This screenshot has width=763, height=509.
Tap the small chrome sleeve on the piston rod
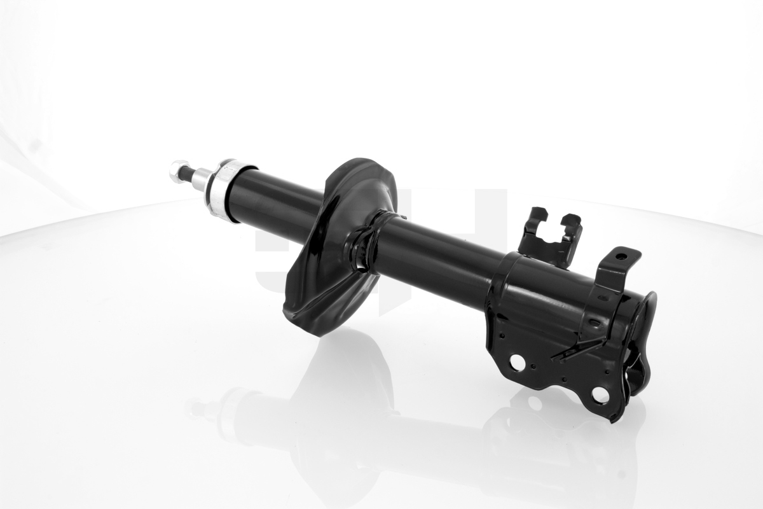pos(202,179)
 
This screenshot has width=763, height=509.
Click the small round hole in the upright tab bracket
pos(621,257)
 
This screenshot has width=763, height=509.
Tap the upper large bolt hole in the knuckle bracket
pos(517,363)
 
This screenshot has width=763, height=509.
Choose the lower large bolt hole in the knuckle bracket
pos(600,395)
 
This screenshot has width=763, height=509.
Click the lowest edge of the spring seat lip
pos(318,333)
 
